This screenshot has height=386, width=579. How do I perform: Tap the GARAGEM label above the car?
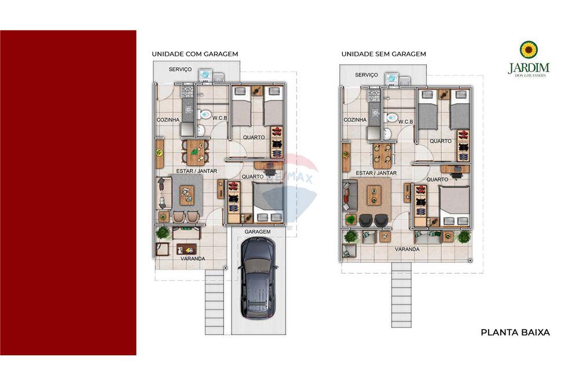(x=258, y=231)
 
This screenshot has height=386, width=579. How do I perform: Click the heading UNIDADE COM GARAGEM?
(x=195, y=54)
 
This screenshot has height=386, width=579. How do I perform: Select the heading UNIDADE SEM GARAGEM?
(x=383, y=54)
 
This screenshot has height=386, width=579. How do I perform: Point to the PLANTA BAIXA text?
(x=515, y=332)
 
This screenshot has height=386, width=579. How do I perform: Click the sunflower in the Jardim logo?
(x=528, y=50)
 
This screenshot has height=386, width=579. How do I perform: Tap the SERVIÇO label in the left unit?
(x=180, y=69)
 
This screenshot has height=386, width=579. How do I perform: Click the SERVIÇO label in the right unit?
(x=367, y=75)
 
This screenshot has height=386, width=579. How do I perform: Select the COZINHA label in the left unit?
(x=168, y=120)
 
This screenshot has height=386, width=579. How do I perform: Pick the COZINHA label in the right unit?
(x=355, y=120)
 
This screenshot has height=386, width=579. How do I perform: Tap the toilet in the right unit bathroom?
(x=391, y=117)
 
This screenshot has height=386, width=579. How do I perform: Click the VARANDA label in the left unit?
(x=192, y=259)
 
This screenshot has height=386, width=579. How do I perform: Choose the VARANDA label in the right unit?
(x=407, y=249)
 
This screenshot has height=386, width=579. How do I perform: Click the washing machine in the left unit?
(x=206, y=76)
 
